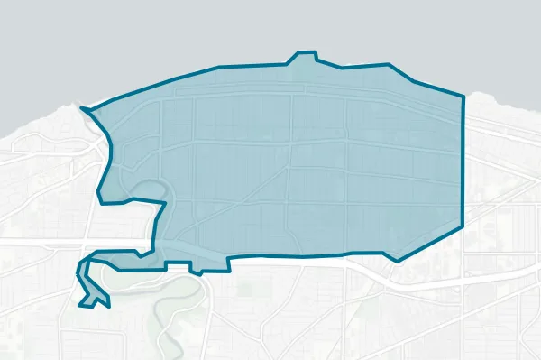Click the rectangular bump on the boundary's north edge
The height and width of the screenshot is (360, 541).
[x=303, y=57]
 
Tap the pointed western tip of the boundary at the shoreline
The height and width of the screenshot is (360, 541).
[x=82, y=110]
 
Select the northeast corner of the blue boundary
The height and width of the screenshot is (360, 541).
[x=463, y=94]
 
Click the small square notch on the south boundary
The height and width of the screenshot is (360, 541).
[x=195, y=268]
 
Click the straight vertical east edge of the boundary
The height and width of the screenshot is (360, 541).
[x=463, y=162]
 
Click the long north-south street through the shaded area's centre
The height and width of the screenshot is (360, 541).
[x=290, y=162]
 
